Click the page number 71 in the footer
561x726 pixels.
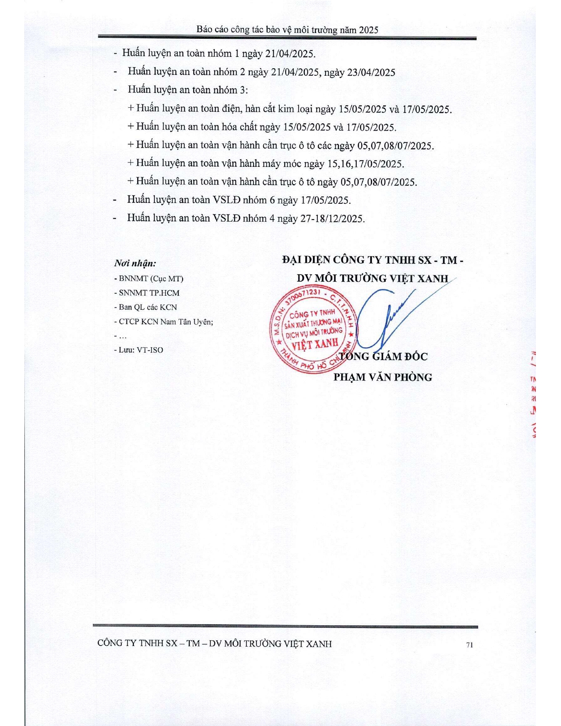click(x=469, y=645)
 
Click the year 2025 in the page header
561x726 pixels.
click(x=368, y=30)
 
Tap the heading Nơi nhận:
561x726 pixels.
click(x=135, y=263)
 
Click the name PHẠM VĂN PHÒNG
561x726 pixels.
click(x=382, y=377)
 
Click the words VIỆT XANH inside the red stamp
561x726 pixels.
click(x=315, y=344)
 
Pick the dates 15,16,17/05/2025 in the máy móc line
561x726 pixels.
click(x=365, y=164)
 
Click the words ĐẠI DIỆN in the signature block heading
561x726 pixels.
click(x=306, y=260)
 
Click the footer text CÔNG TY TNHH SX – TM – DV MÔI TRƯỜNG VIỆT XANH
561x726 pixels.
click(x=214, y=644)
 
